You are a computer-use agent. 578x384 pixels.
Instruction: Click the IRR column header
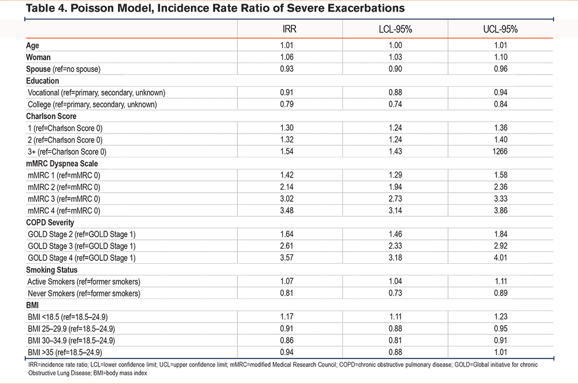click(x=290, y=29)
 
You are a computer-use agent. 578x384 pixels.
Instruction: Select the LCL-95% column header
click(x=395, y=29)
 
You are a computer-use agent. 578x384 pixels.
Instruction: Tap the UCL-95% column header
click(x=500, y=29)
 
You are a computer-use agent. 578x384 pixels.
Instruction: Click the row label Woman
click(x=38, y=57)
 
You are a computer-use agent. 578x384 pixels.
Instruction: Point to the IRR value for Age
click(x=287, y=45)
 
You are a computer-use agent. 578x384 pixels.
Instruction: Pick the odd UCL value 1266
click(x=500, y=152)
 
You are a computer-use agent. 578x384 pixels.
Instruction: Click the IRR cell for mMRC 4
click(x=287, y=211)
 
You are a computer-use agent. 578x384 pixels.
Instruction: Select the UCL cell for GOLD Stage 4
click(x=501, y=257)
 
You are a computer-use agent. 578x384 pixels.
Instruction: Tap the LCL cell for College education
click(x=395, y=104)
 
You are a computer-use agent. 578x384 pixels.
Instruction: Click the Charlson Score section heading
click(x=51, y=116)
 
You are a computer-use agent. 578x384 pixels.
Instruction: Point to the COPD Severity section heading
click(x=50, y=223)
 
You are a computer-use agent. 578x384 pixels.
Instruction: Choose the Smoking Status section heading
click(x=51, y=269)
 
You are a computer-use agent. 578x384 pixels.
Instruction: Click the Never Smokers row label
click(x=84, y=293)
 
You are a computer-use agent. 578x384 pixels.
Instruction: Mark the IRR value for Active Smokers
click(x=287, y=281)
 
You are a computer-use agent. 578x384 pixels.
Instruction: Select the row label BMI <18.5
click(x=68, y=317)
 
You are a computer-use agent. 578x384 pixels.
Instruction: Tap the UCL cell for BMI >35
click(x=501, y=352)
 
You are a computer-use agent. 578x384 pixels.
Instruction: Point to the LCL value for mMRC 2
click(x=395, y=187)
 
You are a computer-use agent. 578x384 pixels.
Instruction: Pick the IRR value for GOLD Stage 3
click(x=287, y=246)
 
